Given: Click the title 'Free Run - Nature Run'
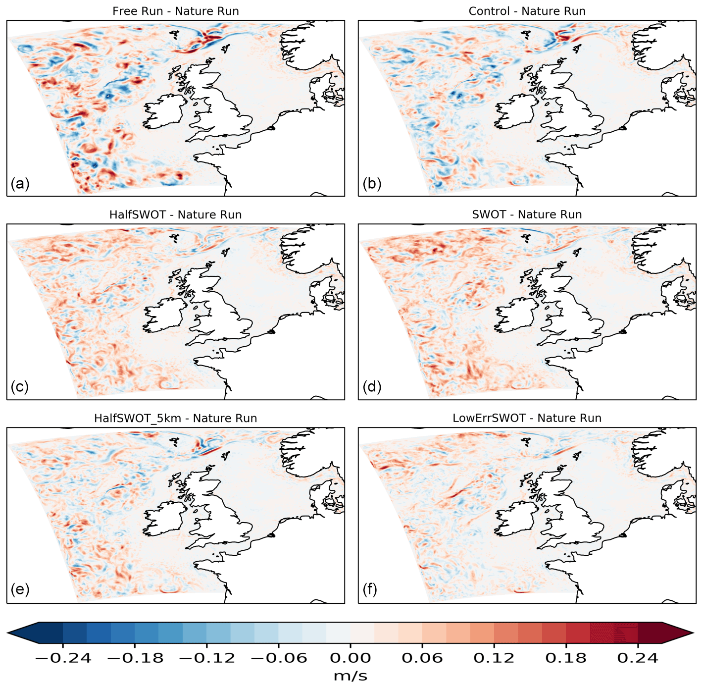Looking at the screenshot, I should pyautogui.click(x=176, y=11).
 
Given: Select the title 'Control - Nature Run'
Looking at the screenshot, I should pyautogui.click(x=527, y=11).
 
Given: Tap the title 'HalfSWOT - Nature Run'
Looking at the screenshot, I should pyautogui.click(x=176, y=214).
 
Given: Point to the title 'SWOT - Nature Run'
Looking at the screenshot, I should pyautogui.click(x=527, y=214).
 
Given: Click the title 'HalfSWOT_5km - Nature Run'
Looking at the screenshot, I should pyautogui.click(x=176, y=418).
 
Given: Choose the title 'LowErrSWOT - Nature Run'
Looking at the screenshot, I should pyautogui.click(x=527, y=418).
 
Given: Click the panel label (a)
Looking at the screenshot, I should pyautogui.click(x=20, y=184).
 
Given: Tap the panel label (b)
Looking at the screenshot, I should pyautogui.click(x=372, y=184).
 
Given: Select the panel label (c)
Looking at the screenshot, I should pyautogui.click(x=20, y=386).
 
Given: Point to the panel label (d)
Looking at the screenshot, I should pyautogui.click(x=372, y=386).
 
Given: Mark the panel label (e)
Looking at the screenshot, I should pyautogui.click(x=20, y=589).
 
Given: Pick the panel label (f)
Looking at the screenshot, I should pyautogui.click(x=370, y=589).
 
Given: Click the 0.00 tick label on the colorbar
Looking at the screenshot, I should pyautogui.click(x=351, y=658).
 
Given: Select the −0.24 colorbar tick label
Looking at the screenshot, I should pyautogui.click(x=63, y=658).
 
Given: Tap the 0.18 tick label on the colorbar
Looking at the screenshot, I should pyautogui.click(x=566, y=658).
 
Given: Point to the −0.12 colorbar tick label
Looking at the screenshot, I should pyautogui.click(x=207, y=658).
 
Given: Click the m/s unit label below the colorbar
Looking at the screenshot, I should pyautogui.click(x=351, y=676).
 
